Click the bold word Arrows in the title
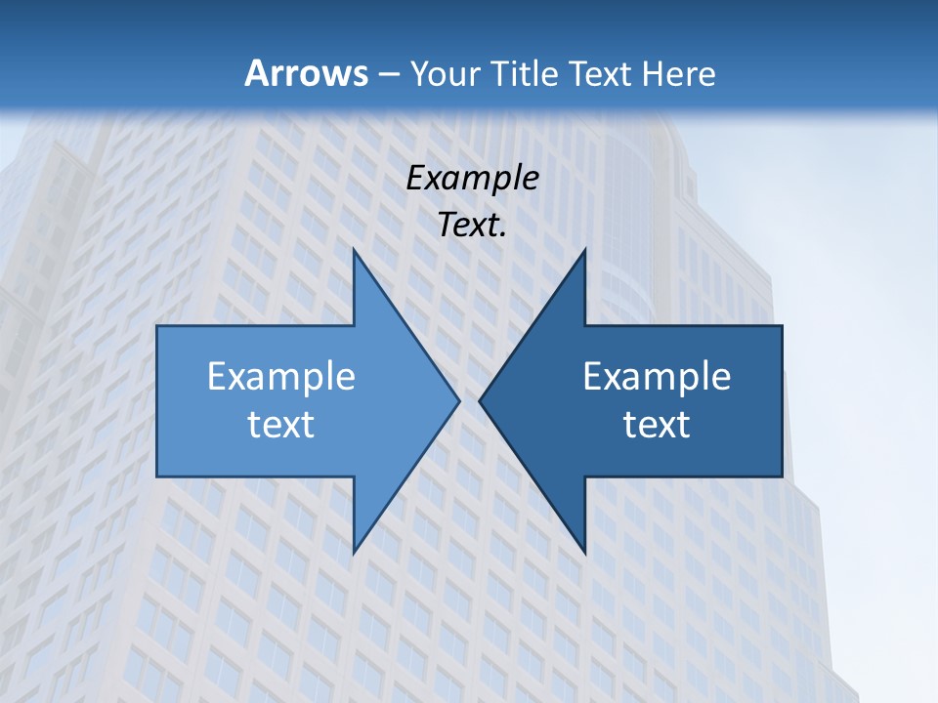pos(305,73)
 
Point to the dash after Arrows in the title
pos(387,74)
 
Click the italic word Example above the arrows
pos(472,179)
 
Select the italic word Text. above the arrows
pos(472,226)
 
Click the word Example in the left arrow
pos(280,377)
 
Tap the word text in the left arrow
pos(280,425)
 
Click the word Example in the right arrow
pos(657,377)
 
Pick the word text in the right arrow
pos(657,425)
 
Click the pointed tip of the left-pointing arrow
pos(480,400)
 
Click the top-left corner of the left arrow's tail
pos(157,326)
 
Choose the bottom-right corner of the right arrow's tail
pos(782,476)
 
